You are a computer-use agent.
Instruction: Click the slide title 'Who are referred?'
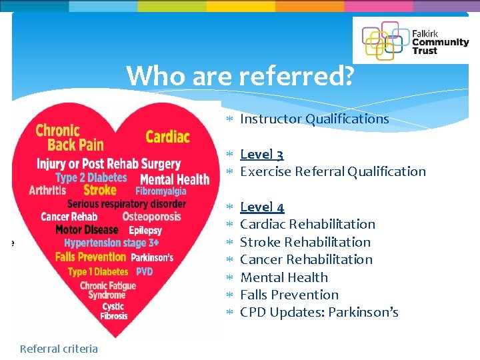(240, 76)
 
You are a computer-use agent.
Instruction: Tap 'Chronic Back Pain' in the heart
(70, 137)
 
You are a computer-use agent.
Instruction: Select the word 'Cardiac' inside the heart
(167, 137)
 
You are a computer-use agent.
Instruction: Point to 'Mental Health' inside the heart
(175, 179)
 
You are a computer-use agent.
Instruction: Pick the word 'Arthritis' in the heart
(47, 191)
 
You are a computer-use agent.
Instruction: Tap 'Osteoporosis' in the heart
(151, 217)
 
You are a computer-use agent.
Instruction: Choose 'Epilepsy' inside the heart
(145, 230)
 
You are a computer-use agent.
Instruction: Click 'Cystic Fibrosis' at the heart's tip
(114, 311)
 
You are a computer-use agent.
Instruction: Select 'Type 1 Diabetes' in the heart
(99, 272)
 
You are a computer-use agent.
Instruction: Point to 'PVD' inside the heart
(145, 272)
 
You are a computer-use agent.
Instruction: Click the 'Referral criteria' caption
(59, 349)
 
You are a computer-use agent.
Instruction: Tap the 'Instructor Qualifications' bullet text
(314, 119)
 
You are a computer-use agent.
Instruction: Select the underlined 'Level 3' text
(261, 155)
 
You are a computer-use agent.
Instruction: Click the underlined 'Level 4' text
(262, 207)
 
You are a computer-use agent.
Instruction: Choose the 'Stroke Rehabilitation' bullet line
(305, 242)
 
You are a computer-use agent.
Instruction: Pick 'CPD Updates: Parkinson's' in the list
(319, 312)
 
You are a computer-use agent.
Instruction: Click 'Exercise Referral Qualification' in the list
(333, 171)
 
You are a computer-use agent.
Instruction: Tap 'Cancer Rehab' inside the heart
(69, 217)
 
